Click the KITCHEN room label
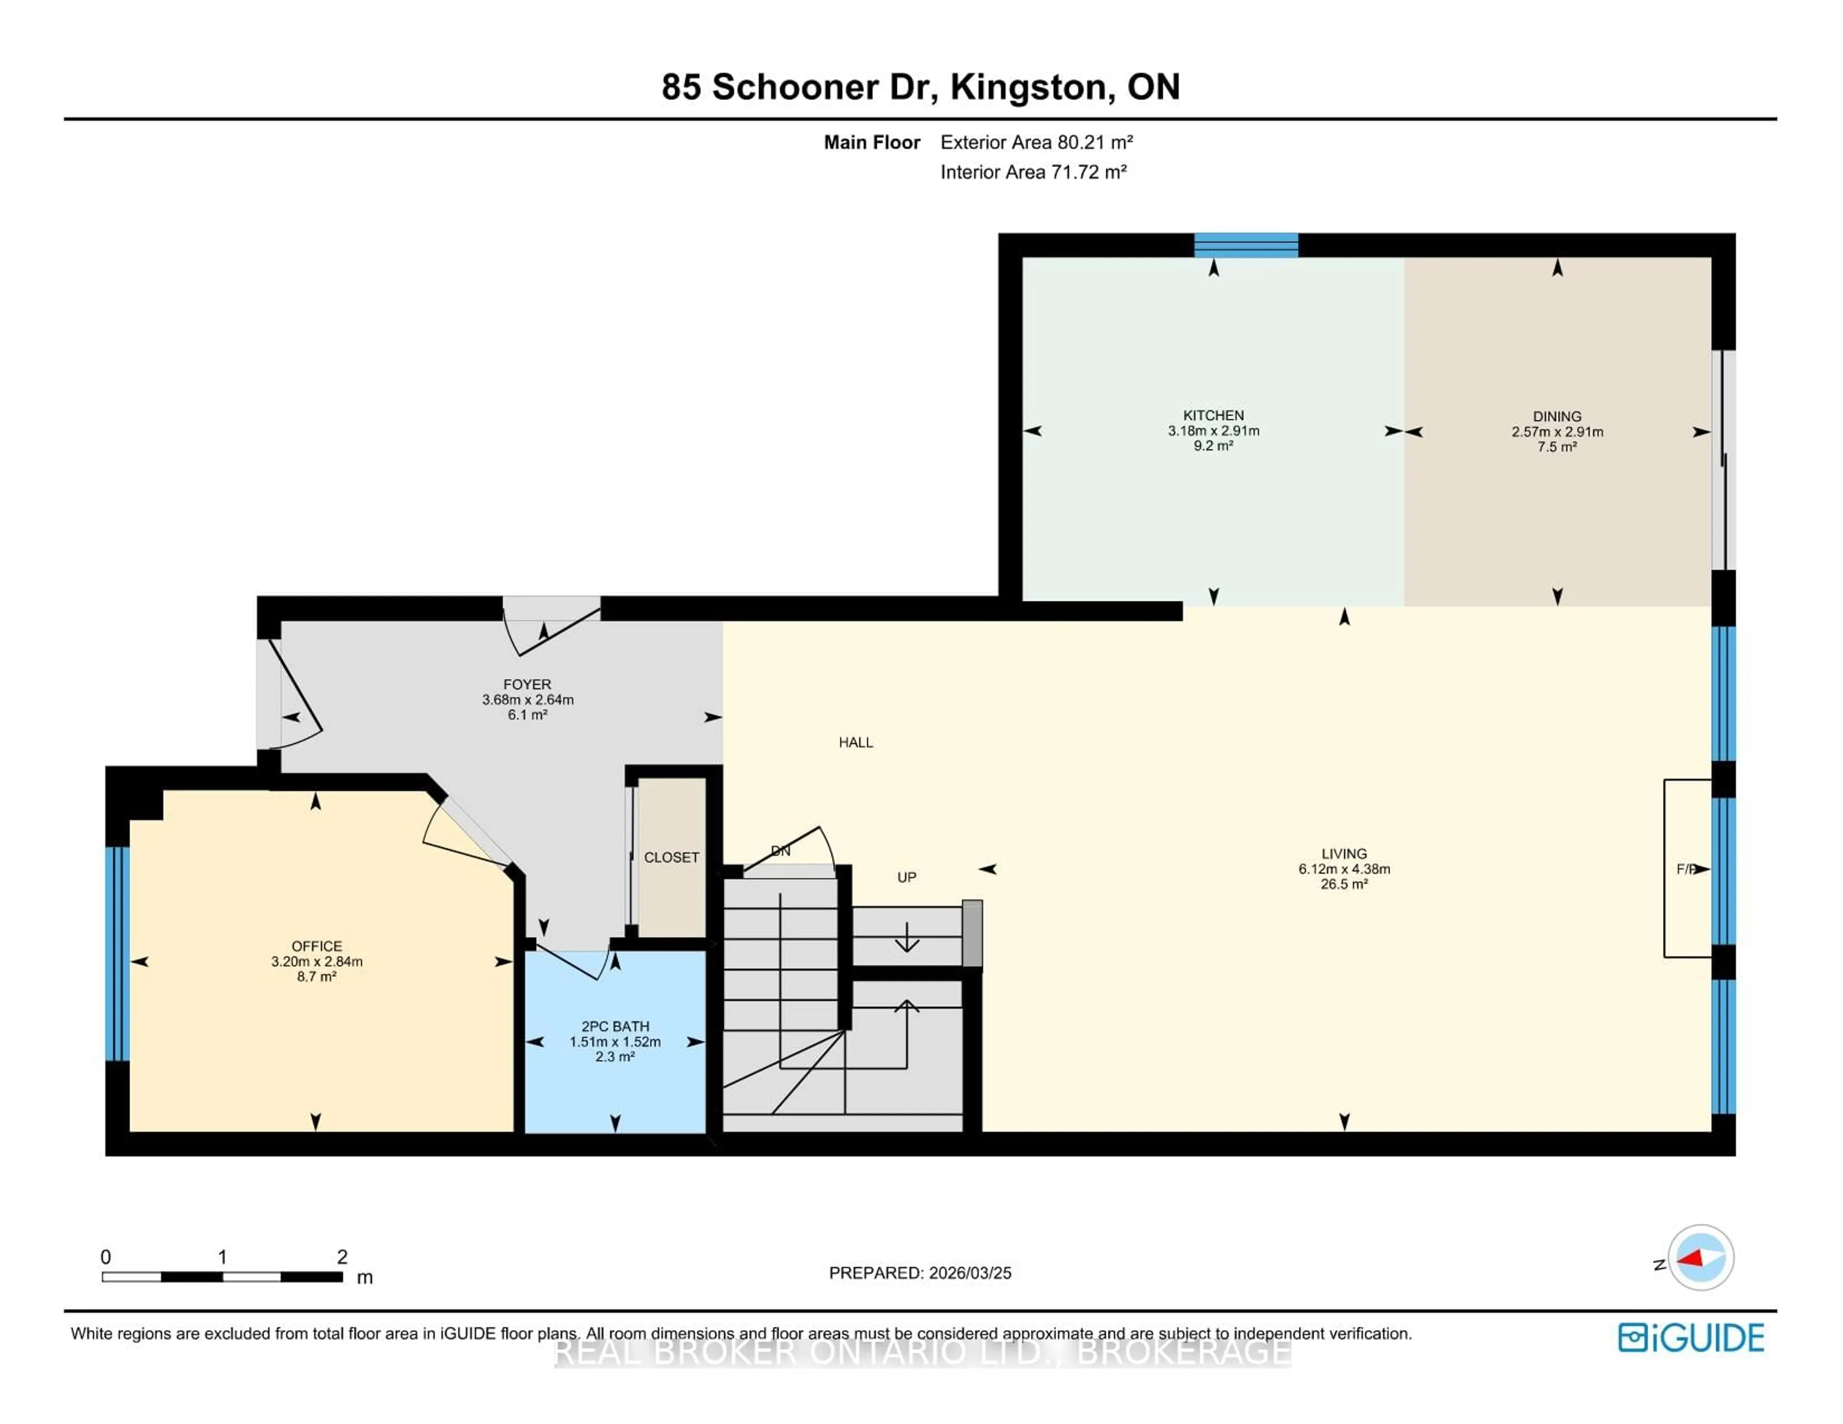pyautogui.click(x=1213, y=415)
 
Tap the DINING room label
pyautogui.click(x=1557, y=416)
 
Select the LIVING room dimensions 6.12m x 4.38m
pyautogui.click(x=1343, y=869)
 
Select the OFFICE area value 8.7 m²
pyautogui.click(x=316, y=977)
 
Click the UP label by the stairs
pyautogui.click(x=906, y=877)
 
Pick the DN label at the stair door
pyautogui.click(x=780, y=851)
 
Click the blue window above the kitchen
pyautogui.click(x=1245, y=245)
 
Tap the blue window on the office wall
pyautogui.click(x=117, y=953)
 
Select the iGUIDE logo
pyautogui.click(x=1690, y=1338)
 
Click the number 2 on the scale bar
pyautogui.click(x=342, y=1256)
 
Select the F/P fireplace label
pyautogui.click(x=1685, y=869)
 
